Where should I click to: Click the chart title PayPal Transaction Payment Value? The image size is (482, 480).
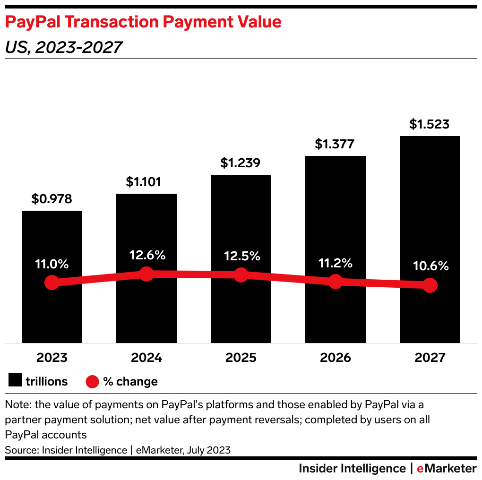pyautogui.click(x=143, y=22)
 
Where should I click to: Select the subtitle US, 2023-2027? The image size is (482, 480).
pyautogui.click(x=64, y=47)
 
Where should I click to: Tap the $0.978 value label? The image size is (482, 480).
pyautogui.click(x=52, y=199)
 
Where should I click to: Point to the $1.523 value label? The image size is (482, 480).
pyautogui.click(x=430, y=124)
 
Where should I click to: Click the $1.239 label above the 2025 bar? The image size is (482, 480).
pyautogui.click(x=241, y=163)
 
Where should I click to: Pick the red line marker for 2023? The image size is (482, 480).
pyautogui.click(x=52, y=283)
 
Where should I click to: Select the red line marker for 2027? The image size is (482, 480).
pyautogui.click(x=430, y=285)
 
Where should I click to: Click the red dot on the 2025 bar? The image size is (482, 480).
pyautogui.click(x=241, y=274)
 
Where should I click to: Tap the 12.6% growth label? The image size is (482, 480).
pyautogui.click(x=147, y=255)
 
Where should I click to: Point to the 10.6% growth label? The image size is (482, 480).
pyautogui.click(x=430, y=266)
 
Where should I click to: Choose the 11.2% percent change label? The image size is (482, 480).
pyautogui.click(x=335, y=263)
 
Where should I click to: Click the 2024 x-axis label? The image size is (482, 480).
pyautogui.click(x=146, y=357)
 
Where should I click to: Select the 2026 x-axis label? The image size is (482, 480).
pyautogui.click(x=336, y=357)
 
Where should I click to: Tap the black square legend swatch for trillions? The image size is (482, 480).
pyautogui.click(x=15, y=381)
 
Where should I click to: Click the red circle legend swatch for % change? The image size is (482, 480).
pyautogui.click(x=92, y=381)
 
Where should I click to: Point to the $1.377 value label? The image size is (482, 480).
pyautogui.click(x=335, y=144)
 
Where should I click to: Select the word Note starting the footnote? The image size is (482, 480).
pyautogui.click(x=16, y=405)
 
